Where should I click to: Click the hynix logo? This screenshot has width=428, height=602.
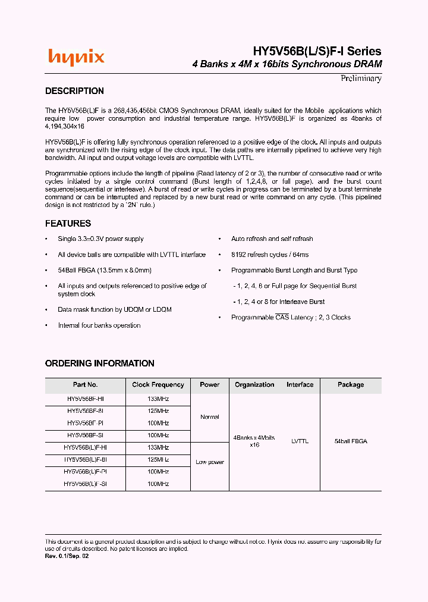click(x=76, y=57)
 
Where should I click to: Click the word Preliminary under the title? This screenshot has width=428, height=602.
click(x=361, y=79)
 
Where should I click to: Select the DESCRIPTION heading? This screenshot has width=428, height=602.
click(x=74, y=91)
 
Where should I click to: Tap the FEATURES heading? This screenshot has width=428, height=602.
click(x=68, y=224)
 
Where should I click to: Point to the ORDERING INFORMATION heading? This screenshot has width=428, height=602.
click(x=99, y=363)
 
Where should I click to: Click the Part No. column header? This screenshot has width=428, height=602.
click(x=85, y=385)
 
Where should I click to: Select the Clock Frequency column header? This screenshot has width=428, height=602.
click(x=158, y=385)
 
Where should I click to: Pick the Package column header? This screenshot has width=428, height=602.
click(x=351, y=385)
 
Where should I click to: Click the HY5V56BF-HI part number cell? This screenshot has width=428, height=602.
click(x=85, y=399)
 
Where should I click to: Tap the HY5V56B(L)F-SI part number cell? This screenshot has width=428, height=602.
click(x=85, y=484)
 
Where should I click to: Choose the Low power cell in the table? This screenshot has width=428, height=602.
click(x=210, y=462)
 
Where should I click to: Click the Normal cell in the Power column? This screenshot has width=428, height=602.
click(x=210, y=417)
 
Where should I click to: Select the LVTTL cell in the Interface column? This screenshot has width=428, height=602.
click(x=300, y=441)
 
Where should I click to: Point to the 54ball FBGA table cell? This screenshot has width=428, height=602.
click(x=351, y=441)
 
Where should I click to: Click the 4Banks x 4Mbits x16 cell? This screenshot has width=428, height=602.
click(x=254, y=441)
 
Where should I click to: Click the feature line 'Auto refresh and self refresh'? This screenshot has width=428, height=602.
click(x=272, y=239)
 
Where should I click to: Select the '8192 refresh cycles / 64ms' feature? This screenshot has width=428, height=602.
click(x=269, y=255)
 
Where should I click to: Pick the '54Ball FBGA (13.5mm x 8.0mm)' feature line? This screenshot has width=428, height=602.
click(x=105, y=270)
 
